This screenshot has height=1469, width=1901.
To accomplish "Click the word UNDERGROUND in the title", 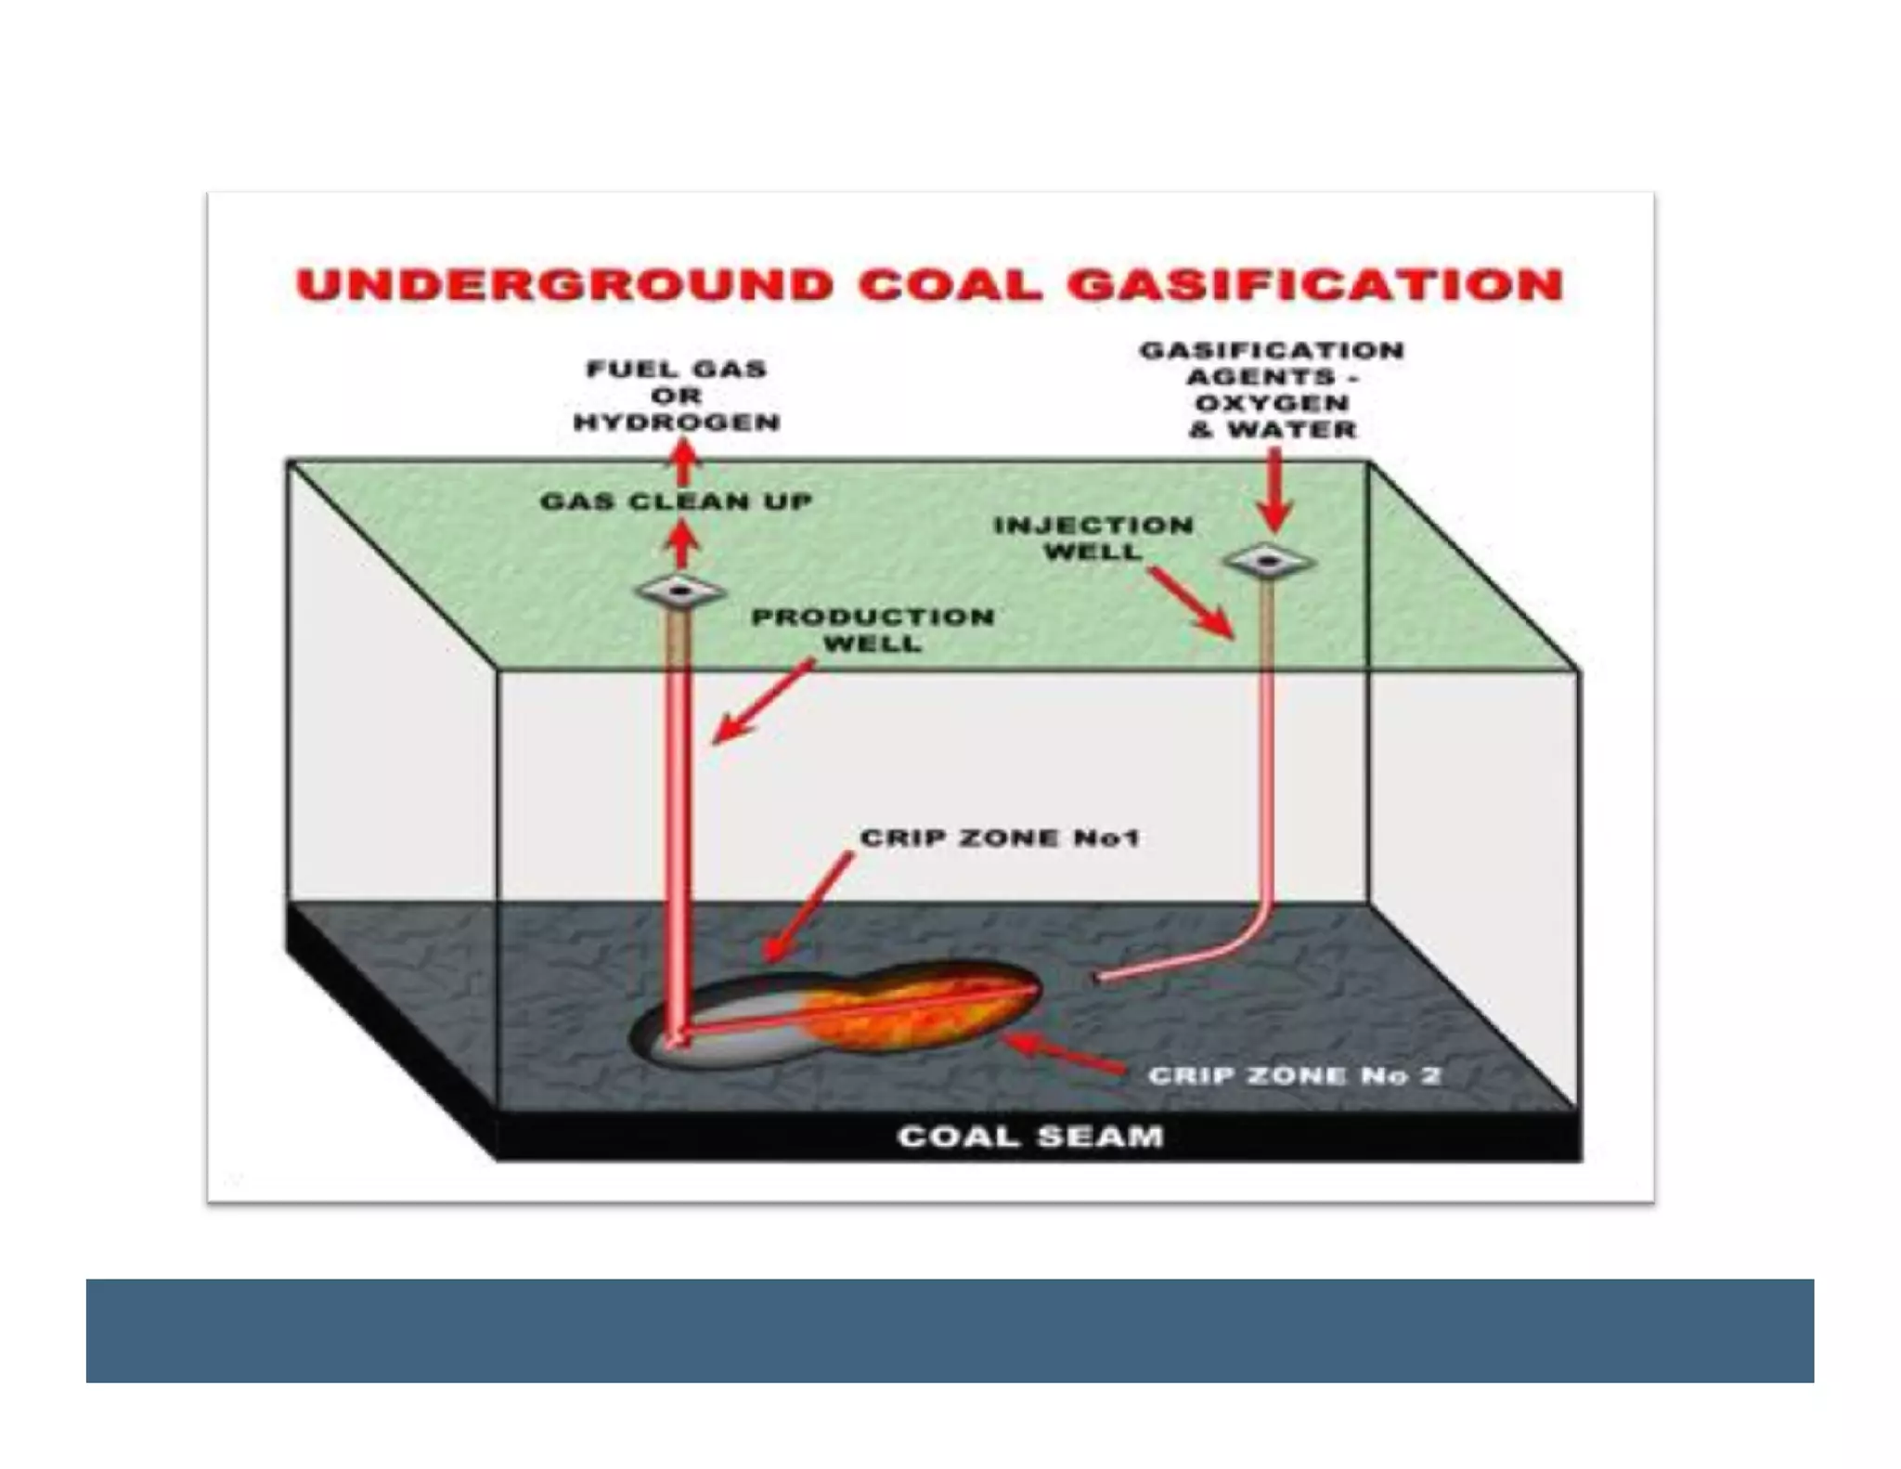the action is point(564,285).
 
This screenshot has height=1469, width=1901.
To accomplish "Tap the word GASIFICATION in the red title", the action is point(1315,285).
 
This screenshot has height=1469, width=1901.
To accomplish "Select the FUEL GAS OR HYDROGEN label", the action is point(677,396).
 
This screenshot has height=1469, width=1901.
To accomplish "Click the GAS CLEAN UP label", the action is point(676,502).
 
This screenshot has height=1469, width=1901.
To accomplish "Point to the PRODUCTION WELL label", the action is point(872,630).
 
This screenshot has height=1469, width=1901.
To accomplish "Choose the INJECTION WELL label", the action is point(1093,539).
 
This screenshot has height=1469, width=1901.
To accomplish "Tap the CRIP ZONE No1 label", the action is point(999,838).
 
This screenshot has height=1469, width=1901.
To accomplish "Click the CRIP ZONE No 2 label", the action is point(1294,1075).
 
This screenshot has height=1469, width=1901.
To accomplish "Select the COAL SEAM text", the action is point(1030,1137).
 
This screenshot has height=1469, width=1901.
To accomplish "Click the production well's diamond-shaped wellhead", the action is point(681,591).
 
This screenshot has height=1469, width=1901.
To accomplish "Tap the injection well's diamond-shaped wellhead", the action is point(1268,561).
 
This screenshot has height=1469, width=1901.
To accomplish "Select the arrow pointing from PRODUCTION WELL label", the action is point(761,703).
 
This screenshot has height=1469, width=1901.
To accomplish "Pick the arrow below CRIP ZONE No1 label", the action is point(805,908).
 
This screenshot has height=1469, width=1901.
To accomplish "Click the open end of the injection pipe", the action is point(1098,977).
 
